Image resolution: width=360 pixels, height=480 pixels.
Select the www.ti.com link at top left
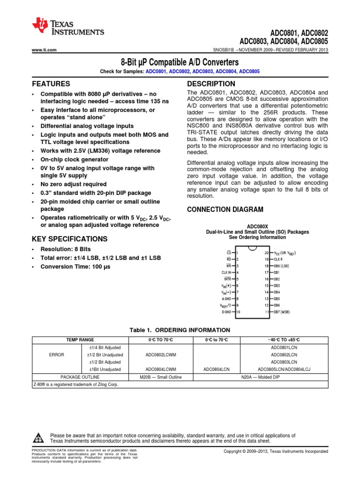tap(44, 50)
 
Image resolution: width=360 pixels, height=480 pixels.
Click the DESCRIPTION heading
tap(211, 84)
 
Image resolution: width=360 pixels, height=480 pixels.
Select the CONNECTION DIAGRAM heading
tap(225, 209)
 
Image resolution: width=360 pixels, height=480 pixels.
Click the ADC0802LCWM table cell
tap(157, 355)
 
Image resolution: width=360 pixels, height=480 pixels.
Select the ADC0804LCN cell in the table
tap(216, 369)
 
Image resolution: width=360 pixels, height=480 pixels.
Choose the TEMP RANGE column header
tap(80, 339)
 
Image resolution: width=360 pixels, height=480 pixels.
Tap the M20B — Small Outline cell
tap(157, 377)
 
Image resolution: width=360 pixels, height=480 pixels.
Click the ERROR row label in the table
tap(56, 355)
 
